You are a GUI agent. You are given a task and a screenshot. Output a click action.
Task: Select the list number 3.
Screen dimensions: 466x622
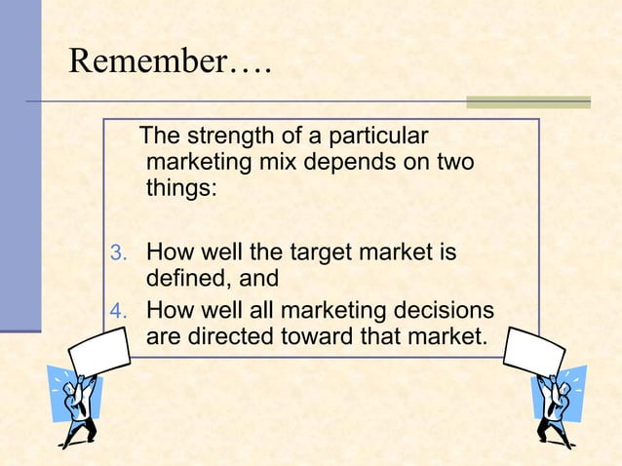click(x=116, y=255)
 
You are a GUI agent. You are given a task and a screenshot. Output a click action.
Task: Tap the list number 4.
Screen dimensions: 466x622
click(x=116, y=314)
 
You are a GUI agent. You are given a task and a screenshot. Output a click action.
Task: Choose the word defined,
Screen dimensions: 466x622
click(x=188, y=279)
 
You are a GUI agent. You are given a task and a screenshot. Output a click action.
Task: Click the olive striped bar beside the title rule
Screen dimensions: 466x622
click(x=528, y=101)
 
